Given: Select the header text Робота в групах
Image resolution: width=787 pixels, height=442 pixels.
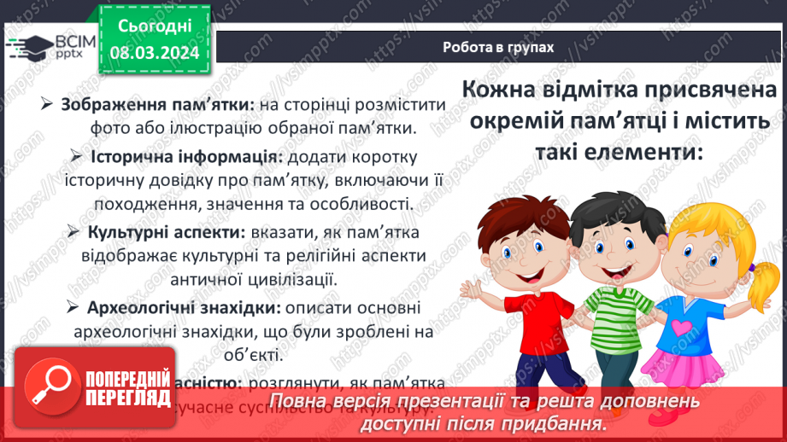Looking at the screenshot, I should click(498, 48).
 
